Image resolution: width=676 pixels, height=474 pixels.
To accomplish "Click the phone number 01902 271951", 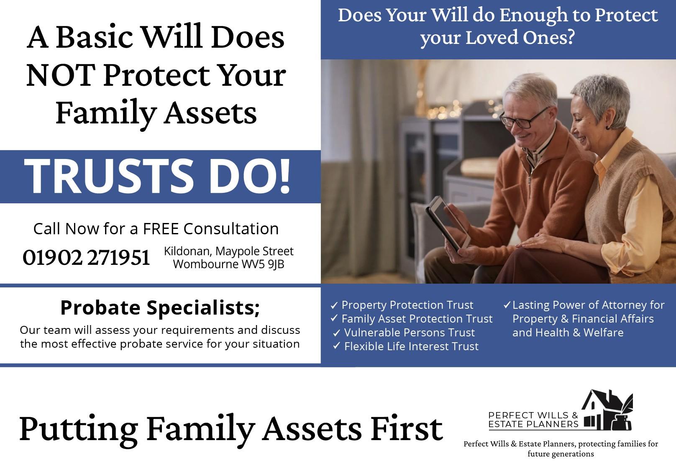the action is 86,258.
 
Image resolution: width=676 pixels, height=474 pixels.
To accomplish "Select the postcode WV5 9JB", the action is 263,264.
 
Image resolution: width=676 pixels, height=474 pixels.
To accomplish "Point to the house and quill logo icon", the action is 607,410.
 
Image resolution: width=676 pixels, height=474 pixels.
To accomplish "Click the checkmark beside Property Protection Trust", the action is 334,305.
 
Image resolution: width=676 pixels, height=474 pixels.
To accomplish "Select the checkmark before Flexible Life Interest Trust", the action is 336,346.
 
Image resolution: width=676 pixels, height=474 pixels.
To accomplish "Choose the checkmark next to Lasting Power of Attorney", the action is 507,305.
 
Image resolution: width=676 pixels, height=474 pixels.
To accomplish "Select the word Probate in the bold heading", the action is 100,307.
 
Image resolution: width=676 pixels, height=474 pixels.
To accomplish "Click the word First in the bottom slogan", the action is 407,429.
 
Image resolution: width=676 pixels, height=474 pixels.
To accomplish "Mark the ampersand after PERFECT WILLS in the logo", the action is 575,415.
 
